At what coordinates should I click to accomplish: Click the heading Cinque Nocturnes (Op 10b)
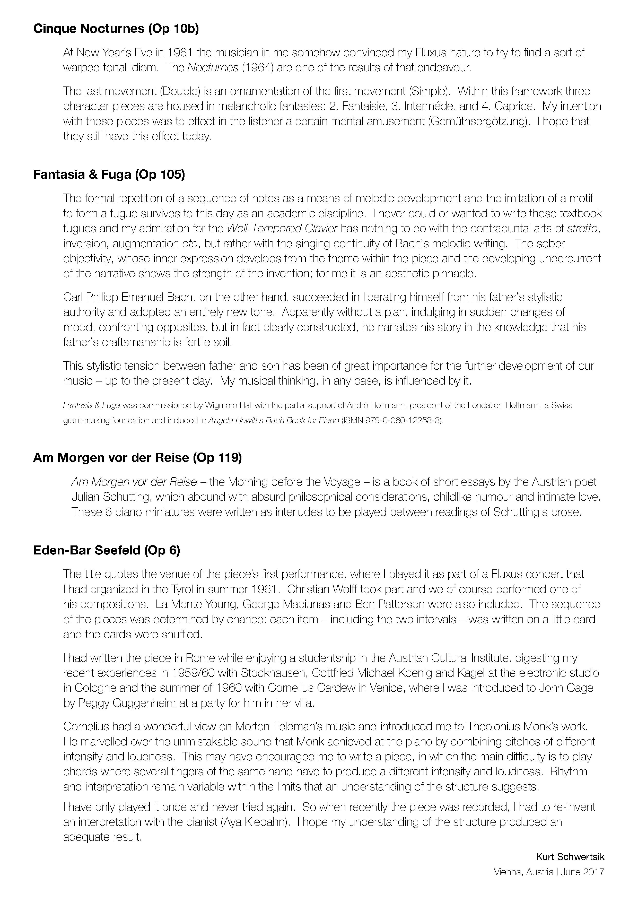coord(116,29)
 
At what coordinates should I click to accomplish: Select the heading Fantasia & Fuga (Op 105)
coord(109,174)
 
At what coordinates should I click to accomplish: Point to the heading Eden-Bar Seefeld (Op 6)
coord(107,550)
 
